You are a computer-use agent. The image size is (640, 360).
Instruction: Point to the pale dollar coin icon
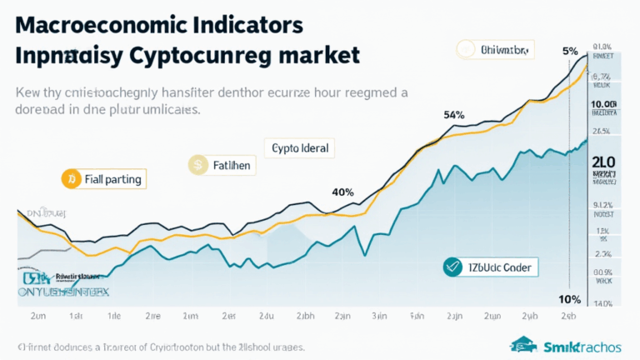[198, 165]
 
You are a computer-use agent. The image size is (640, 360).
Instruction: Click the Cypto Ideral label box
[300, 148]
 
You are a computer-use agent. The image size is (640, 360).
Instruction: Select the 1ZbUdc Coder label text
[499, 267]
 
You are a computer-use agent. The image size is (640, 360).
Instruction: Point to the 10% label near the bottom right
[569, 299]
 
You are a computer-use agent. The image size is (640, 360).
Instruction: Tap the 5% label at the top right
[570, 50]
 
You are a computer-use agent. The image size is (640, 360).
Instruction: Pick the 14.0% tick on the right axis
[602, 303]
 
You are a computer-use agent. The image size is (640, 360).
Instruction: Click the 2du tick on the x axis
[267, 317]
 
